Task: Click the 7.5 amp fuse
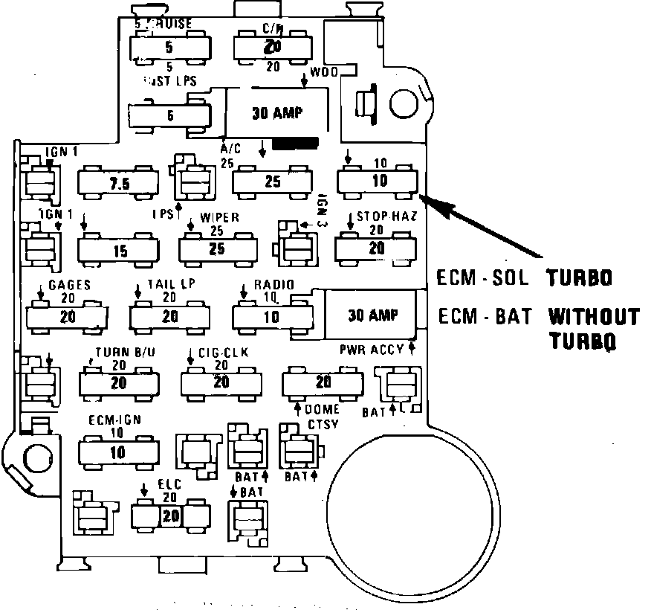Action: point(117,183)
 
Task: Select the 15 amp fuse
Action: point(119,249)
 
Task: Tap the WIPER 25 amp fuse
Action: point(218,248)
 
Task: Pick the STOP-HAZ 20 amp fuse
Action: point(378,247)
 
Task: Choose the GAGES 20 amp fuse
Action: point(67,315)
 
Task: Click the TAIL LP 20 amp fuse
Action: point(169,316)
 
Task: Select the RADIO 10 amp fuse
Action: point(272,316)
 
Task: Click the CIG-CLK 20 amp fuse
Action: point(221,382)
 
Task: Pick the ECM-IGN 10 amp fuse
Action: point(118,451)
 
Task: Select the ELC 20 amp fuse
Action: point(171,515)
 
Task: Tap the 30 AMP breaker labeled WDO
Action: point(276,114)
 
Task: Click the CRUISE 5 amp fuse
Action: point(169,48)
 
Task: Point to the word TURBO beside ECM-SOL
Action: point(580,277)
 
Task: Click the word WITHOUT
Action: point(594,317)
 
